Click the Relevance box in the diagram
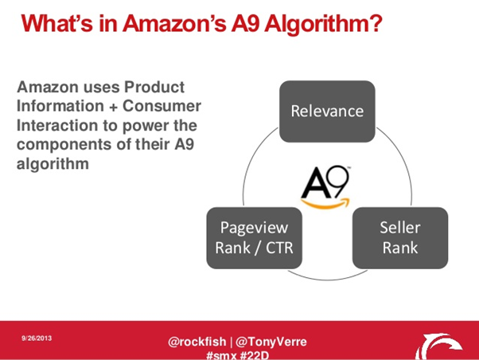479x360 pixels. [327, 112]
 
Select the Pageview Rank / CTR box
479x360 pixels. [254, 238]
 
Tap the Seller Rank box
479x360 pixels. [400, 238]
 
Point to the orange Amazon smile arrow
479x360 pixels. [325, 204]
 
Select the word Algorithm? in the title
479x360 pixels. [323, 25]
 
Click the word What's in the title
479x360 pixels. [56, 23]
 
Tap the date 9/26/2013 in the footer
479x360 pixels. [37, 338]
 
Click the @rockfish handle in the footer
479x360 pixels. [197, 342]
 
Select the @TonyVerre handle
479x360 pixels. [271, 342]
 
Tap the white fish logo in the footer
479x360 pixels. [438, 346]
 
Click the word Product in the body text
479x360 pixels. [154, 87]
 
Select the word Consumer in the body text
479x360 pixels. [162, 106]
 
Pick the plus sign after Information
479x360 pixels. [113, 108]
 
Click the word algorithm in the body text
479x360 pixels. [53, 164]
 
